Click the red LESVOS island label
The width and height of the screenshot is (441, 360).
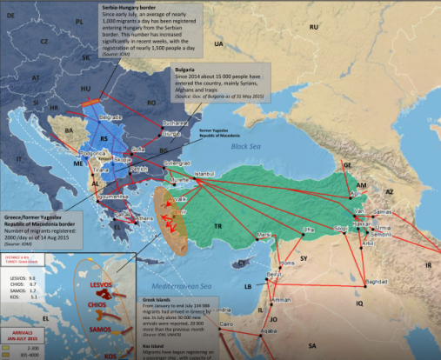point(95,285)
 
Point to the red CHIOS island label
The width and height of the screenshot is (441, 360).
point(97,306)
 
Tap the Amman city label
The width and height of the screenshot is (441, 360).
point(281,299)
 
